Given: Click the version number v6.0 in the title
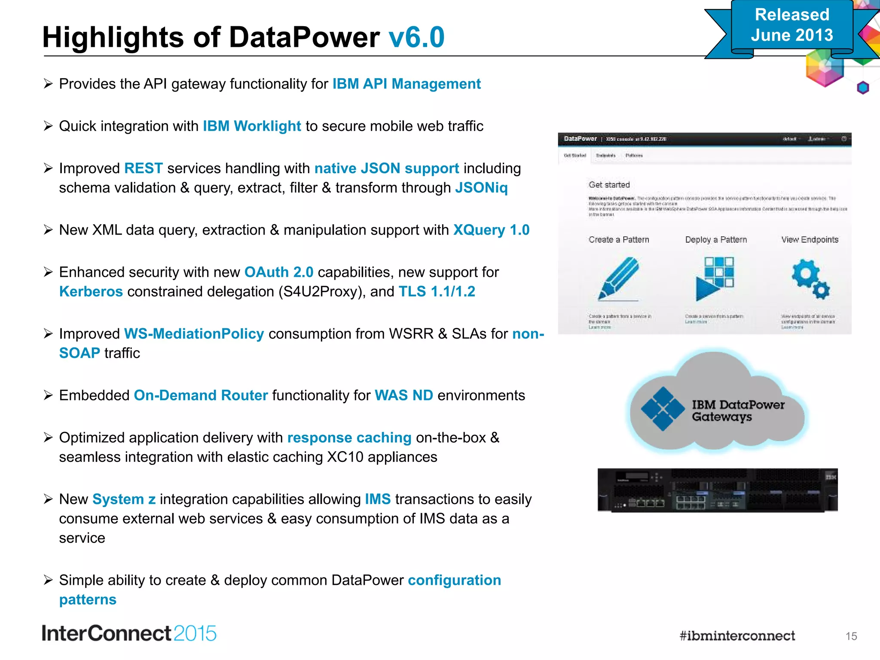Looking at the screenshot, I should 416,37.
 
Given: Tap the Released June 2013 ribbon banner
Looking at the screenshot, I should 792,26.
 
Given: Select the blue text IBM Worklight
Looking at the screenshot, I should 252,126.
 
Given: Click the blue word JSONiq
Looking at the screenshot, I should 481,188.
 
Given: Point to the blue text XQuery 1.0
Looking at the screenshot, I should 491,230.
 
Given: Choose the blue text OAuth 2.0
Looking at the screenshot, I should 278,272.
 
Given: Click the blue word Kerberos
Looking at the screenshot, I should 91,292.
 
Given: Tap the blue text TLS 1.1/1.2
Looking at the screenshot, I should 437,292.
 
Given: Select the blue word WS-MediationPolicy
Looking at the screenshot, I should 194,334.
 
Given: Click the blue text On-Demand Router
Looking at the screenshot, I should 201,395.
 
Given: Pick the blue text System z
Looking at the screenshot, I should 124,499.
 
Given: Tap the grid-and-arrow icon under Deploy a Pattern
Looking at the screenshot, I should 715,278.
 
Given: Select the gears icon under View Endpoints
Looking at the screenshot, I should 810,278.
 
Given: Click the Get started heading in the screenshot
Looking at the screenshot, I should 609,185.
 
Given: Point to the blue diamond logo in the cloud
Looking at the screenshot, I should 663,409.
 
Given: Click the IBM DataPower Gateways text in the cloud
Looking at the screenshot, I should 737,411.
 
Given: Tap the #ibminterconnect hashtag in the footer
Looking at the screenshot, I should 737,636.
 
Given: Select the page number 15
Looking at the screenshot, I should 851,636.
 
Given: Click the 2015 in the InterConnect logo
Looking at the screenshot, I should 195,634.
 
